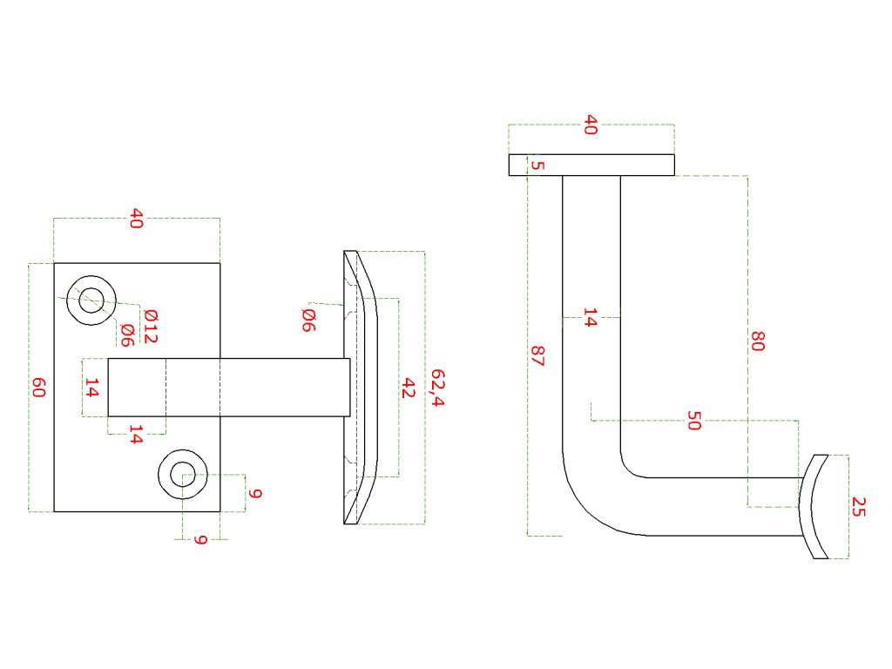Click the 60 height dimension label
tap(38, 388)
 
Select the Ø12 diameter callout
tap(150, 326)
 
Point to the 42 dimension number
tap(408, 388)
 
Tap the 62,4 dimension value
tap(437, 388)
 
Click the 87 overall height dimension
tap(537, 355)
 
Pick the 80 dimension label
tap(757, 341)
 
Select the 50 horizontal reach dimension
tap(694, 421)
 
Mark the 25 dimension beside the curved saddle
tap(859, 506)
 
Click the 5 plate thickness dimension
tap(537, 166)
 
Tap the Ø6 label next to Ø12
tap(127, 334)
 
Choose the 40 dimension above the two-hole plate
tap(136, 218)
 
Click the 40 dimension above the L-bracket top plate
tap(591, 125)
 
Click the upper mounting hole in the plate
tap(91, 301)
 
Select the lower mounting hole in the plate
tap(183, 475)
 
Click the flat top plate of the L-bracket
tap(592, 166)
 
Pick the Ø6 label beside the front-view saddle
tap(307, 319)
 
